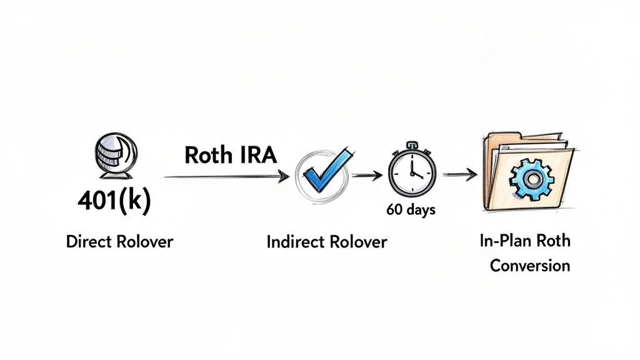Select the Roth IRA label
230,155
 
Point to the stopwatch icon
410,173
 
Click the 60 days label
411,209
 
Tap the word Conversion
529,265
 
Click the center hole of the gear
531,178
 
